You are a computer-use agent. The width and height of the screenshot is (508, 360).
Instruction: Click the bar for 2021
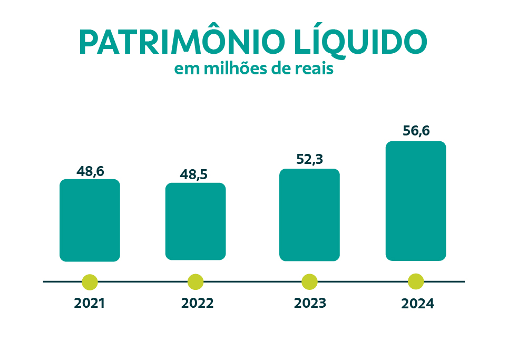click(90, 220)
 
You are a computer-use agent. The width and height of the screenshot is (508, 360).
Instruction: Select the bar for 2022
click(196, 221)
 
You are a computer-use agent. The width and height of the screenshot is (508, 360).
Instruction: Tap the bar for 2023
click(309, 215)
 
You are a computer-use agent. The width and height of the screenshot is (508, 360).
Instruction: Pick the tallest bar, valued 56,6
click(416, 201)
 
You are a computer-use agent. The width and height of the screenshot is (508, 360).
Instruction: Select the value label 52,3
click(309, 159)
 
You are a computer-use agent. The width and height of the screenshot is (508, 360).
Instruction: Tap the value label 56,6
click(416, 131)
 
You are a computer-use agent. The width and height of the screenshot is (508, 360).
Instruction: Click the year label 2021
click(90, 304)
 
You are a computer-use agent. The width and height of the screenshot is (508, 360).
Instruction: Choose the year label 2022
click(197, 304)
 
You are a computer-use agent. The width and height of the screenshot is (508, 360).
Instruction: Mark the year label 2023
click(310, 304)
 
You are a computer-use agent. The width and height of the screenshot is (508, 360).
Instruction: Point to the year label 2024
click(417, 304)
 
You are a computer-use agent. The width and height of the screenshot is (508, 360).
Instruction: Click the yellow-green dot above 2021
click(90, 281)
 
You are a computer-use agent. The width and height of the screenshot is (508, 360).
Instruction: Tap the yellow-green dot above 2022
click(196, 281)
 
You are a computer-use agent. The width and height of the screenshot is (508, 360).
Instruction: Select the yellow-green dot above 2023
click(309, 281)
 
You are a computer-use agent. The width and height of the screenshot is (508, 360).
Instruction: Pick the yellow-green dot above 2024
click(416, 281)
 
